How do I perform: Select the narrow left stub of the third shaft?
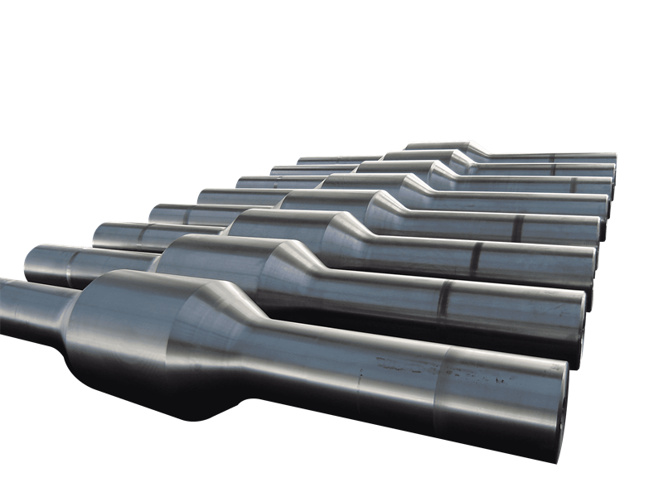click(124, 235)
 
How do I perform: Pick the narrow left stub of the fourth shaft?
click(174, 214)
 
